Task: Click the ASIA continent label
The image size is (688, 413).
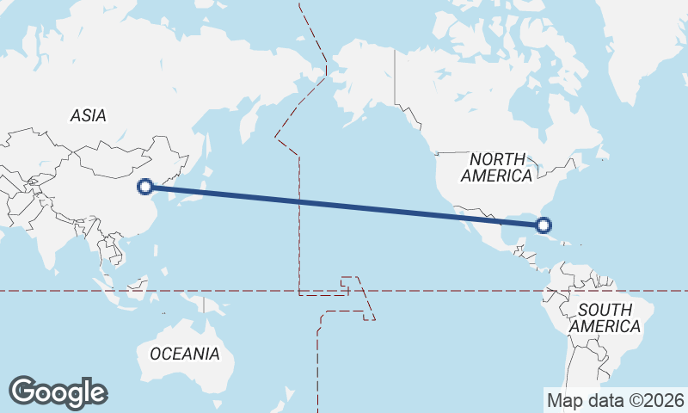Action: (x=89, y=115)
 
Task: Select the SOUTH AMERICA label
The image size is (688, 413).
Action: (x=605, y=317)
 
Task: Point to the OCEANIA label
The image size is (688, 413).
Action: (x=184, y=354)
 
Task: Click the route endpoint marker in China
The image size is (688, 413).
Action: (x=146, y=186)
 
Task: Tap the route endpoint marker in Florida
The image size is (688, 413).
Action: (x=543, y=225)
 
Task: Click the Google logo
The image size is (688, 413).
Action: (x=58, y=392)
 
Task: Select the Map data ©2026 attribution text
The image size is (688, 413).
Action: (x=616, y=400)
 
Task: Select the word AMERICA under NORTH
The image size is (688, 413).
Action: (x=497, y=176)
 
